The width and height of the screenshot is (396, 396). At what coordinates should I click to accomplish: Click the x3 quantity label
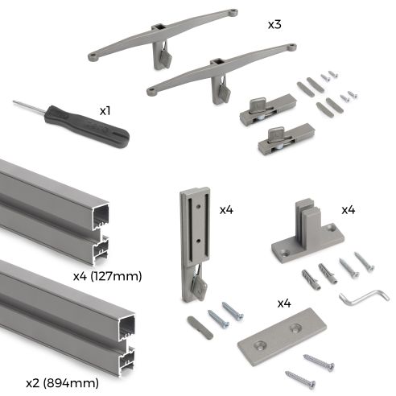tap(276, 25)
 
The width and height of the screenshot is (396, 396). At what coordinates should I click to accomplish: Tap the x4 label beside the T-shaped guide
tap(349, 210)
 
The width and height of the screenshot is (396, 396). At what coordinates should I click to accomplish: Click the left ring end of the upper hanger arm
tap(95, 56)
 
